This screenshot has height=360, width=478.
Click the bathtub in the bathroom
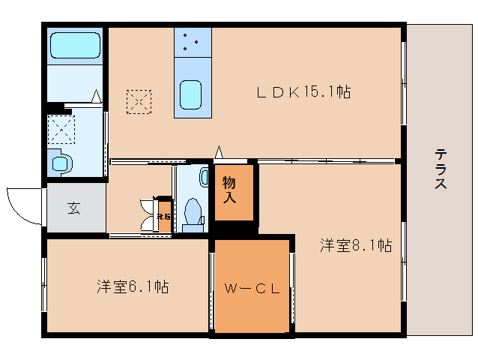(x=75, y=46)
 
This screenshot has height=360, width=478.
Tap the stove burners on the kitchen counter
(x=193, y=42)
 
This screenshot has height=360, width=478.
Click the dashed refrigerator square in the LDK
(x=139, y=102)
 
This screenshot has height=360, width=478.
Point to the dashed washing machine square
(x=62, y=128)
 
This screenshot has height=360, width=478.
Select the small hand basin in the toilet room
(x=205, y=177)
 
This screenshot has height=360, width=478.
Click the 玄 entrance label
(x=74, y=208)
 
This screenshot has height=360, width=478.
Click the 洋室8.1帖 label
(x=356, y=244)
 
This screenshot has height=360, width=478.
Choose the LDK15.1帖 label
(x=303, y=92)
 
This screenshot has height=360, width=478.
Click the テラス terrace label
(x=441, y=169)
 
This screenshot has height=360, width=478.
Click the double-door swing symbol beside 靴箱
(x=146, y=214)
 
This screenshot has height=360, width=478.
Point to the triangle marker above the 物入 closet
(x=218, y=152)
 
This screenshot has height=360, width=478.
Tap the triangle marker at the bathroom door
(x=96, y=96)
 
